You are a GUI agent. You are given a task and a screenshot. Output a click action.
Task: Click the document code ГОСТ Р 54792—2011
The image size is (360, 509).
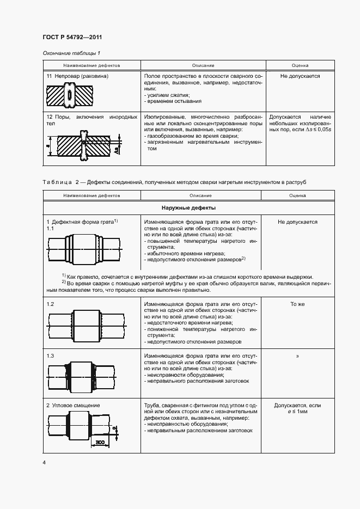(x=72, y=37)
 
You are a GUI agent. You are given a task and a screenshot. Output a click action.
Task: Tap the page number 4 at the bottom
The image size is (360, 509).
(x=44, y=462)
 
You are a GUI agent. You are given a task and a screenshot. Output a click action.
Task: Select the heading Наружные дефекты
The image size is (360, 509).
(x=188, y=208)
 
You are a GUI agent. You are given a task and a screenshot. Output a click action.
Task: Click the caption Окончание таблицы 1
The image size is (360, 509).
(x=71, y=53)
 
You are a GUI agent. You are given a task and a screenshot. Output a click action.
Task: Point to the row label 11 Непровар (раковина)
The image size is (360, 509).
(x=77, y=76)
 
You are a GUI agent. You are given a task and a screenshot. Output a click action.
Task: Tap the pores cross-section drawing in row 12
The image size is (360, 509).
(x=83, y=146)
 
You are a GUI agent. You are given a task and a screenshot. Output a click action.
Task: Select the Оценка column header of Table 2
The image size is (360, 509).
(x=297, y=194)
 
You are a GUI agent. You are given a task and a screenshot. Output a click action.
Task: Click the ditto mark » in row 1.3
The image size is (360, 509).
(x=297, y=356)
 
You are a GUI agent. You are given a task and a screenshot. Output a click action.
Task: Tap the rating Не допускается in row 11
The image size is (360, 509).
(x=300, y=76)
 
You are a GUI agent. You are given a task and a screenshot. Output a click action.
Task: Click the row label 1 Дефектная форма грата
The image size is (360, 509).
(x=82, y=222)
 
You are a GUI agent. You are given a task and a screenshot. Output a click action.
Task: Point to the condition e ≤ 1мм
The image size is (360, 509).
(x=297, y=413)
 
